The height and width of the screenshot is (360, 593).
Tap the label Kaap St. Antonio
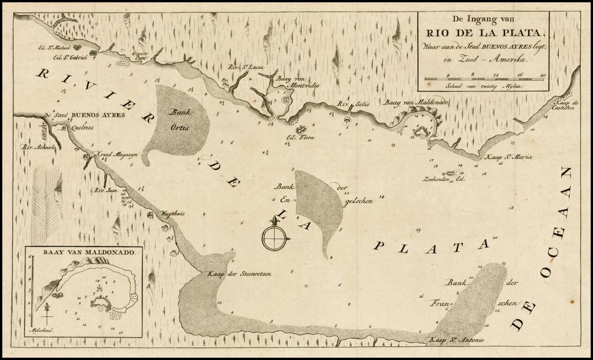457,340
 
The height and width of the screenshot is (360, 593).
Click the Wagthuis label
173,213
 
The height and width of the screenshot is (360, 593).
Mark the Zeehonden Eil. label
443,179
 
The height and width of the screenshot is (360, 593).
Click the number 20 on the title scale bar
542,75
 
